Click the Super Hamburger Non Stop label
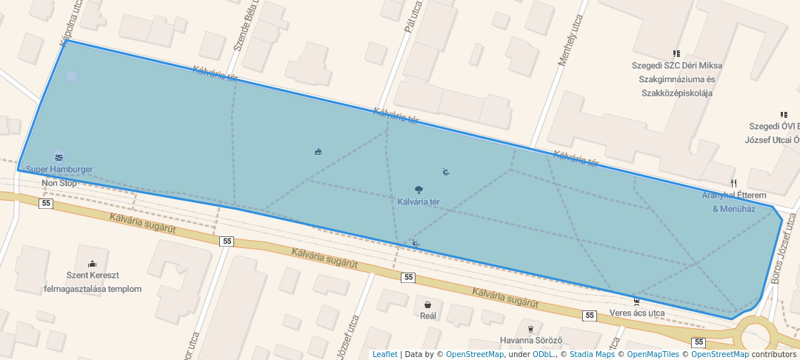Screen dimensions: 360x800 tap(59, 176)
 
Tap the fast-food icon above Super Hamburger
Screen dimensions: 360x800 tap(59, 157)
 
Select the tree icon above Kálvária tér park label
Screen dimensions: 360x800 tap(419, 190)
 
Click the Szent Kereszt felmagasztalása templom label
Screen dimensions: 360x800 tap(93, 282)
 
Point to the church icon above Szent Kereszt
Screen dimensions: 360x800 tap(93, 264)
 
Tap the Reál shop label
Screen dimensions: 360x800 tap(428, 316)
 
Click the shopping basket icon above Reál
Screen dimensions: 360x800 tap(428, 304)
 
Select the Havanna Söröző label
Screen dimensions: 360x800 tap(531, 341)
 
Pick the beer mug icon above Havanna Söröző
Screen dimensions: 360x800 tap(530, 329)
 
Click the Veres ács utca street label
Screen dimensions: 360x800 tap(637, 313)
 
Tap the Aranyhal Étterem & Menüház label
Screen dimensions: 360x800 tap(733, 201)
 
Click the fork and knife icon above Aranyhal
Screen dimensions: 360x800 tap(733, 182)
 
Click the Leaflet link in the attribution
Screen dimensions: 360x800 tap(384, 354)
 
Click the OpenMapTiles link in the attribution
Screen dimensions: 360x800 tap(653, 354)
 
